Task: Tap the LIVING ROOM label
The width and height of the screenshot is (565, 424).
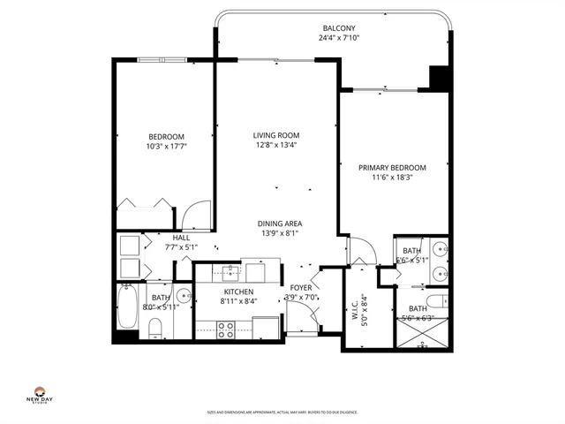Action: click(275, 135)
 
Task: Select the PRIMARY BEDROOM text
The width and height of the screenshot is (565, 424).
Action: click(392, 167)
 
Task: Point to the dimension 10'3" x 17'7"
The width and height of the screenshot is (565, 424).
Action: click(166, 147)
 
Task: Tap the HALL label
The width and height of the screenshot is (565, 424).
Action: click(181, 238)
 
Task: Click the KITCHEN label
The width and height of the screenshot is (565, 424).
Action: click(238, 291)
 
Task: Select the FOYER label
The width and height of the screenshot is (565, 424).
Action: click(301, 288)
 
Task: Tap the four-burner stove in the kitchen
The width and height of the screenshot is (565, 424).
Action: click(225, 329)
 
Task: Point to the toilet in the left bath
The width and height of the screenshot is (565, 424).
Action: click(154, 330)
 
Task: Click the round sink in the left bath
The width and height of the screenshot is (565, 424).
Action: click(185, 296)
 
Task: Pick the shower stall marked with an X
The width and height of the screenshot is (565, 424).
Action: click(423, 333)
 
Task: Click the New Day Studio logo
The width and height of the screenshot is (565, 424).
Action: click(39, 397)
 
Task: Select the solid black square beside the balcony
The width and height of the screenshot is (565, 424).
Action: click(439, 77)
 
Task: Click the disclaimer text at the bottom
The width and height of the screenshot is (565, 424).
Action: click(282, 411)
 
